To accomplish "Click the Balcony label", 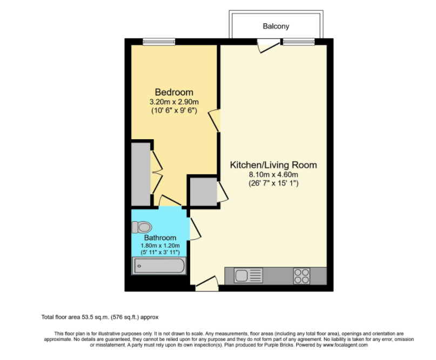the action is tap(276, 26).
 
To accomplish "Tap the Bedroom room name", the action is tap(174, 92).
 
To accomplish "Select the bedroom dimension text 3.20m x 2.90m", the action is tap(174, 101).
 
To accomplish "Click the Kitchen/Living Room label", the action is tap(273, 165).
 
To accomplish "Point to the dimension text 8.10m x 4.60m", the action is tap(273, 175).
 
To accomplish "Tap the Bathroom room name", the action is tap(160, 238).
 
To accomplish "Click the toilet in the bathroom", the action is tap(142, 227).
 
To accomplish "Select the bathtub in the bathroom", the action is tap(159, 266).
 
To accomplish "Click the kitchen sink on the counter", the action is tap(249, 276).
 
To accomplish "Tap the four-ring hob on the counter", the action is tap(301, 276).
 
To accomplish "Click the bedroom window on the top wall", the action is tap(159, 42).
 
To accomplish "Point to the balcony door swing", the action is tap(269, 46).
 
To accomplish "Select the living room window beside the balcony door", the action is tap(299, 42).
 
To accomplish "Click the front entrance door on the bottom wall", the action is tap(206, 283).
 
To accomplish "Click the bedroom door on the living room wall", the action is tap(214, 120).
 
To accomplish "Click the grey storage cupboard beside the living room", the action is tap(204, 192).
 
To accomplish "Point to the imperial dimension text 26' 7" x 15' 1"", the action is tap(273, 184).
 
